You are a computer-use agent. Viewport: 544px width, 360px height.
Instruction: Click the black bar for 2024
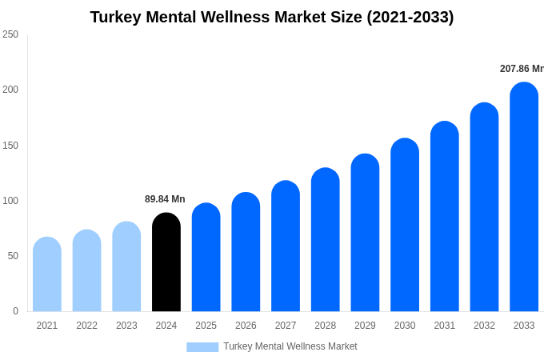point(166,262)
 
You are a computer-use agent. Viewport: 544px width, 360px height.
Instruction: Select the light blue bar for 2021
point(47,274)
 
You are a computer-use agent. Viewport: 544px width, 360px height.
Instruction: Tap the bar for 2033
point(524,197)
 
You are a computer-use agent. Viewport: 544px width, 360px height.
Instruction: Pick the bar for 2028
point(326,240)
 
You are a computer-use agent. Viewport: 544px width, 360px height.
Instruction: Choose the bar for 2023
point(126,266)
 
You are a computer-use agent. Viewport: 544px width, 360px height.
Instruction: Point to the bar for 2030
point(405,225)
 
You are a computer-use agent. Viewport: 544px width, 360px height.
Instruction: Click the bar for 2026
point(246,252)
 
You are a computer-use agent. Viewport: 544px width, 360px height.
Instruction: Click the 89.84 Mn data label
point(165,199)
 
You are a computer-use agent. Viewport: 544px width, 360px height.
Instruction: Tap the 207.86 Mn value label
point(521,69)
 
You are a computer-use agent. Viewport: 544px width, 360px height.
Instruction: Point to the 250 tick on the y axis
point(10,34)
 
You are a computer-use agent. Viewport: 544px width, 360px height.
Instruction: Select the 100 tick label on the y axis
point(10,201)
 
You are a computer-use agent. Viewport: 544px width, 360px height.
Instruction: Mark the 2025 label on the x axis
point(206,326)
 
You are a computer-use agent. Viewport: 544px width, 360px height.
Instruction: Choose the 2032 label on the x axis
point(484,326)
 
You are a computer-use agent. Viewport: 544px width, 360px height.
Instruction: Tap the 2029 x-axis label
point(365,326)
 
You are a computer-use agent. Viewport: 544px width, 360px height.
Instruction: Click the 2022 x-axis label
point(86,326)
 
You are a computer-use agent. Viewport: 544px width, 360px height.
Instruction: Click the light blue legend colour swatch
point(202,346)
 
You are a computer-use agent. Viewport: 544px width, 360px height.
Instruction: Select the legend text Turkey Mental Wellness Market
point(290,346)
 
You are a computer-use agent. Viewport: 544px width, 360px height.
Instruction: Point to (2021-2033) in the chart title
point(410,17)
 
